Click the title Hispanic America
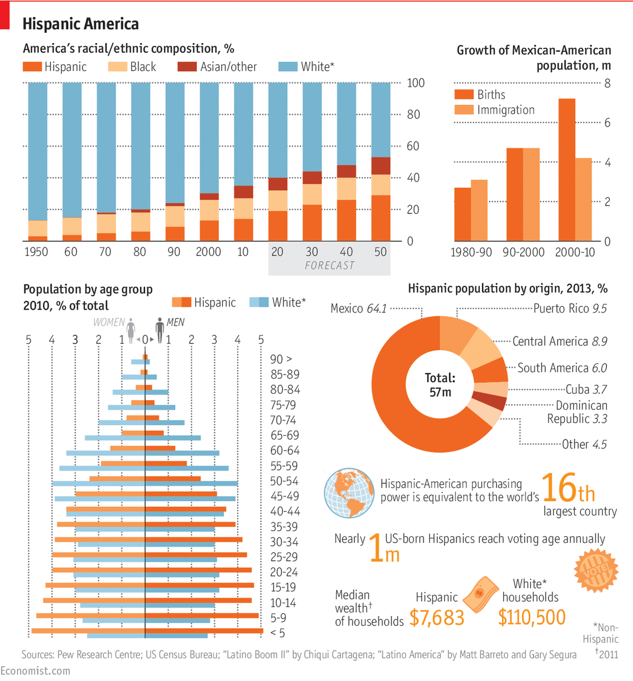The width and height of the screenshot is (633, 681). [x=81, y=24]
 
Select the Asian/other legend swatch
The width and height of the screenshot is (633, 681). [x=187, y=67]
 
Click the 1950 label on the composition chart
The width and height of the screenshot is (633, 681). [x=36, y=252]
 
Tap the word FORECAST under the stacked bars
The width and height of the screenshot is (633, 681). [x=329, y=266]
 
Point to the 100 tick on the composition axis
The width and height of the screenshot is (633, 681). [x=415, y=83]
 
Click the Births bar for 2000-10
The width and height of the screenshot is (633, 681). [x=567, y=170]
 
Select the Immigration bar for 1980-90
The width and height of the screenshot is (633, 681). [x=479, y=211]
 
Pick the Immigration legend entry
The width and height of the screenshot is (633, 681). [x=495, y=110]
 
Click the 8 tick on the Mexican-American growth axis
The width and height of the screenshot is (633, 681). [x=607, y=83]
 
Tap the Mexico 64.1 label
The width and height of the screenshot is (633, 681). [x=358, y=309]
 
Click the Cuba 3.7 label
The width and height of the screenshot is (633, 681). [x=586, y=389]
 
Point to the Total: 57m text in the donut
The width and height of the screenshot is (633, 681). [x=440, y=385]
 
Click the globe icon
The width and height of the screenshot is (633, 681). [x=349, y=493]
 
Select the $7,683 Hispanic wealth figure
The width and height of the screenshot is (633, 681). [x=437, y=618]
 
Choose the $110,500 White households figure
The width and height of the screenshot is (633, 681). [x=531, y=617]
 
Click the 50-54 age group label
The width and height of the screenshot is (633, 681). [x=284, y=481]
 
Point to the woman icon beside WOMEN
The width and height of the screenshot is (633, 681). [x=131, y=330]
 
